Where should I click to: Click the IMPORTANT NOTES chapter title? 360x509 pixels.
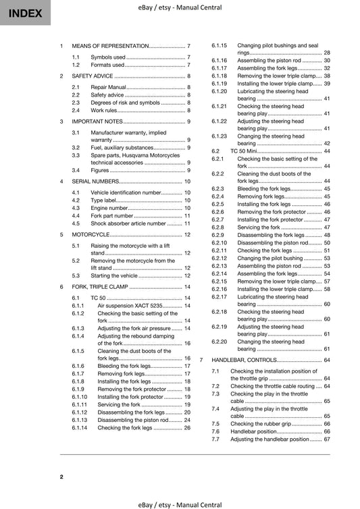tap(98, 121)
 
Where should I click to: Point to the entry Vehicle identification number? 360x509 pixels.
tap(126, 192)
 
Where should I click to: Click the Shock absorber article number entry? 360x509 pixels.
tap(128, 223)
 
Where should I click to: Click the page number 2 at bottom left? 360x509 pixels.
tap(61, 477)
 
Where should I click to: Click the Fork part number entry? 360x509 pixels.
tap(115, 215)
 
